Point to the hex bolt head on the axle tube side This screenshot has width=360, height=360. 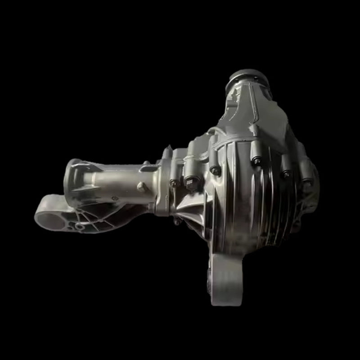(x=141, y=187)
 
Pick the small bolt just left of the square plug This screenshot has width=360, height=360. (x=174, y=183)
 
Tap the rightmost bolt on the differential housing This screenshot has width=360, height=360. (x=307, y=182)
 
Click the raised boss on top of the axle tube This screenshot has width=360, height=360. (x=146, y=166)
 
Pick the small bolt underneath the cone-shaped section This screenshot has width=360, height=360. (x=178, y=221)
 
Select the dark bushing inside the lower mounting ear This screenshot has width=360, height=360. (x=210, y=281)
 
